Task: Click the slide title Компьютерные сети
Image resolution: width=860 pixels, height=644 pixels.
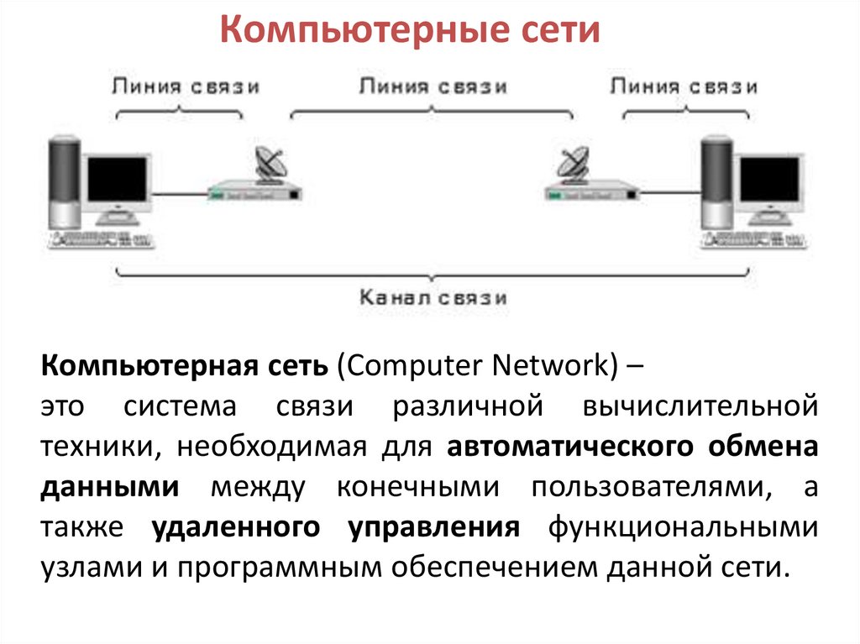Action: point(411,31)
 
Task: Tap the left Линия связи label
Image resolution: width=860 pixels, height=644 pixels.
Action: point(185,86)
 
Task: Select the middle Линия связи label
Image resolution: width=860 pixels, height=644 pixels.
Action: point(433,86)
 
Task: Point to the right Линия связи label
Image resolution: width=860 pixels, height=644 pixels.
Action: point(684,86)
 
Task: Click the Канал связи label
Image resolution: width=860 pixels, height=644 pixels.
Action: point(433,296)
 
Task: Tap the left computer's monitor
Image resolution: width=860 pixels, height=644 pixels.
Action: point(117,181)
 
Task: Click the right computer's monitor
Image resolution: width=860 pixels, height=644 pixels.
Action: point(768,181)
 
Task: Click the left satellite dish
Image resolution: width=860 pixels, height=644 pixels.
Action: point(271,164)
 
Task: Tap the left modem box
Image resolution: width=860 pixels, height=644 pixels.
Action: point(254,192)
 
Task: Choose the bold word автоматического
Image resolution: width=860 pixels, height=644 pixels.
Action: point(565,446)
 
